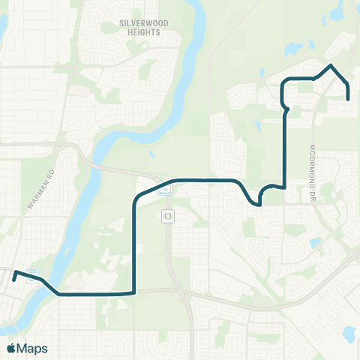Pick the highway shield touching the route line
click(166, 190)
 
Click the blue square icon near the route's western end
click(31, 270)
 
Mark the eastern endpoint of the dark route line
click(348, 98)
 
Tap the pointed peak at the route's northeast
click(330, 66)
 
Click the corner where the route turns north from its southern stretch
click(133, 292)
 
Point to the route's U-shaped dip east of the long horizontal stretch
click(259, 202)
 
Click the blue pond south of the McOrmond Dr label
click(314, 244)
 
